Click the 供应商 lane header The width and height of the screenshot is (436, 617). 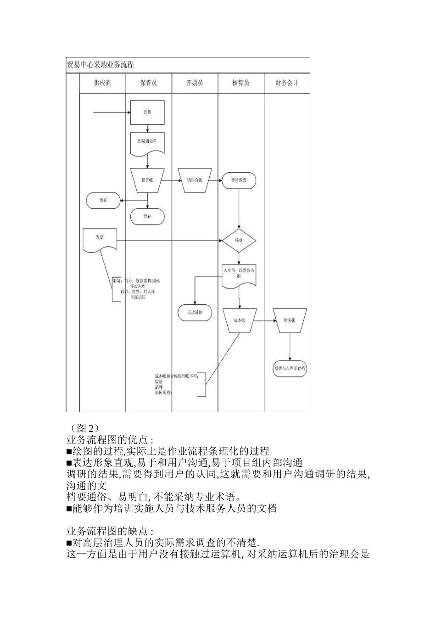click(102, 83)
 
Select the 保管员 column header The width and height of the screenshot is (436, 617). click(148, 83)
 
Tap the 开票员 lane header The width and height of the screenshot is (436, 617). click(195, 83)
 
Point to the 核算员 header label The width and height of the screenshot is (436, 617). click(240, 83)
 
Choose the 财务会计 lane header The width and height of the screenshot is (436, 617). click(287, 83)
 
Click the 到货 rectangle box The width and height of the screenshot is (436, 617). click(147, 112)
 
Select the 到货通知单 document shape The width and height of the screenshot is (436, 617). click(147, 142)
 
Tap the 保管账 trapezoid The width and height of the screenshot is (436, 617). click(147, 180)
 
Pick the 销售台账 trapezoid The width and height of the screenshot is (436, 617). click(195, 180)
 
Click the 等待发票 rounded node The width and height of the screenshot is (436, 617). click(239, 180)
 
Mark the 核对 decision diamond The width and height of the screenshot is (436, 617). click(239, 241)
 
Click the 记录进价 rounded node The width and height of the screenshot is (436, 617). click(195, 312)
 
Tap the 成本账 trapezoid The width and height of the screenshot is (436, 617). click(240, 320)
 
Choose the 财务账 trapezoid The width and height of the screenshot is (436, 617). click(290, 320)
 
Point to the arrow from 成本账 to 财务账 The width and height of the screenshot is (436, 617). click(265, 320)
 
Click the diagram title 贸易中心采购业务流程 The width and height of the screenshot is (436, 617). click(101, 65)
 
